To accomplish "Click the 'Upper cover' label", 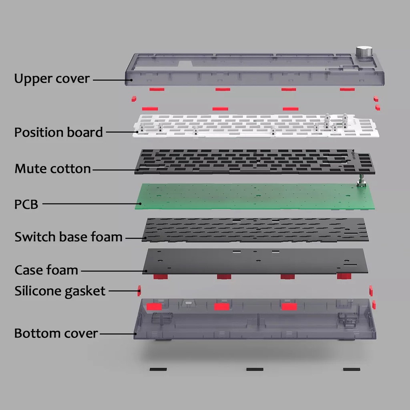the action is (x=52, y=78).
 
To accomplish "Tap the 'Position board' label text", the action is (x=58, y=132).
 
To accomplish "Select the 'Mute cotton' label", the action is (x=52, y=169).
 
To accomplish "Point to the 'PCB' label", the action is (x=26, y=205).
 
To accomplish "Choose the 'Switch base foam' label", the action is (x=68, y=237).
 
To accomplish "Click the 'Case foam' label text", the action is (x=46, y=270).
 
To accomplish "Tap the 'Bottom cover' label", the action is (x=56, y=334).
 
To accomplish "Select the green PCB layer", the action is (x=255, y=197).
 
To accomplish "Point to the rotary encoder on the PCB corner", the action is (x=362, y=181).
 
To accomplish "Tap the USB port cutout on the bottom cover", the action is (x=189, y=303).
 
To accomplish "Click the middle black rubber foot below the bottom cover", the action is (x=255, y=369).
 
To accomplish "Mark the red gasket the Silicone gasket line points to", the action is (x=139, y=291).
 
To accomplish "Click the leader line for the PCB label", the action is (x=92, y=204).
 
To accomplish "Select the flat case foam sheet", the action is (x=255, y=261).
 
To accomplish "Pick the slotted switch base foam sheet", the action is (x=255, y=230).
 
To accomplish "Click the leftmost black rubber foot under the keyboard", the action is (x=158, y=369).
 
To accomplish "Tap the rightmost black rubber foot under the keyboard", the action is (x=352, y=369).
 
